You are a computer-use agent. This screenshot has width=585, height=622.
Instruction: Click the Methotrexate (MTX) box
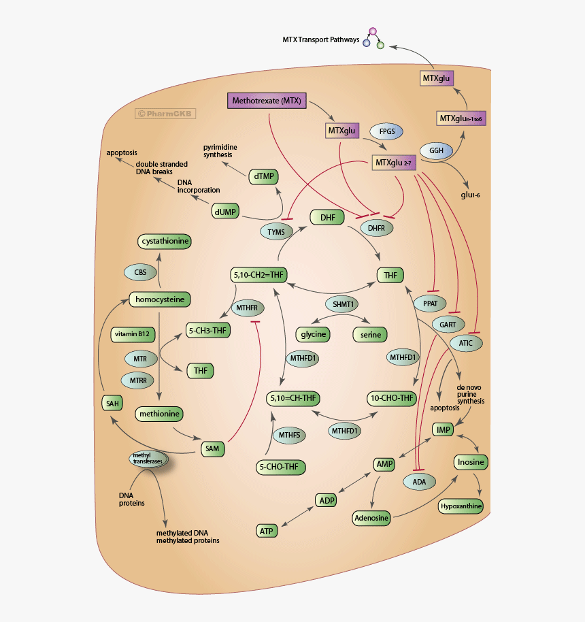pos(266,101)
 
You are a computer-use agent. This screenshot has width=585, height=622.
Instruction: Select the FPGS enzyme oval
pos(386,131)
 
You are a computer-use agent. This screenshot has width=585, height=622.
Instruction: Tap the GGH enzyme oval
pos(436,150)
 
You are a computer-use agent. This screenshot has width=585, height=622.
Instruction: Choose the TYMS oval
pos(276,232)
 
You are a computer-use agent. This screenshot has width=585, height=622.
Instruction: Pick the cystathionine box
pos(165,241)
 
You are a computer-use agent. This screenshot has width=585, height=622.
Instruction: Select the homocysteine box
pos(159,299)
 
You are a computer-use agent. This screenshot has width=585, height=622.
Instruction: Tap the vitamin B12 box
pos(133,334)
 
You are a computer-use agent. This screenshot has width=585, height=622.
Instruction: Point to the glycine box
pos(312,334)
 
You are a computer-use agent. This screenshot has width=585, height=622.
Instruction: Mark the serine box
pos(369,334)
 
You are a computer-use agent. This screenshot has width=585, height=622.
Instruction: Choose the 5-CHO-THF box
pos(280,467)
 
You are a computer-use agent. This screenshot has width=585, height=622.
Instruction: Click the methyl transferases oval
pos(148,458)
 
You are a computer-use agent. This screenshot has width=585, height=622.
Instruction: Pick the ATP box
pos(267,530)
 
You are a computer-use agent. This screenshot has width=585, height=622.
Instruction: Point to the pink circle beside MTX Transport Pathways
pos(372,31)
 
